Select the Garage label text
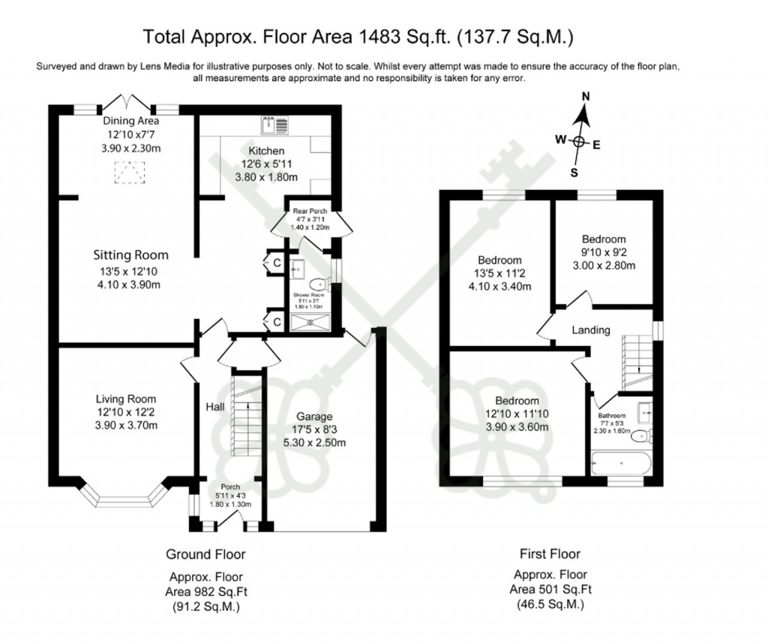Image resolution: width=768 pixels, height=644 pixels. (x=313, y=417)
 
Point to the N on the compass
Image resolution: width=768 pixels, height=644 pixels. (x=586, y=96)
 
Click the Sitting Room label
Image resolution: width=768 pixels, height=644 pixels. (x=130, y=255)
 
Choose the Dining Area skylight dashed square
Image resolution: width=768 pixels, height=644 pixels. (x=125, y=175)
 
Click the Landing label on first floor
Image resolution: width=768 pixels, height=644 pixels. (x=591, y=330)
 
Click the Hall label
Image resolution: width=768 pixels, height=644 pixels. (x=215, y=406)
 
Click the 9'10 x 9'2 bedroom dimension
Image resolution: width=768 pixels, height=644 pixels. (x=607, y=253)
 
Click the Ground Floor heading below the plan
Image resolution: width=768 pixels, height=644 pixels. (x=205, y=555)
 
